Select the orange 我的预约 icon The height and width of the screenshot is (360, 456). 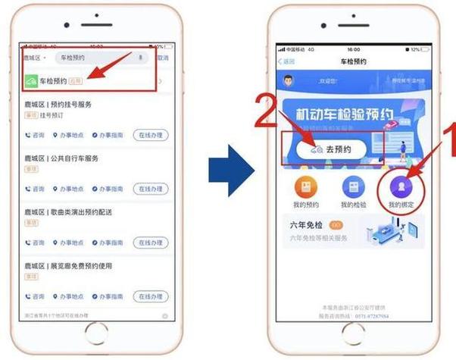tap(306, 186)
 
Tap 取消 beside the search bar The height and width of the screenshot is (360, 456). tap(162, 58)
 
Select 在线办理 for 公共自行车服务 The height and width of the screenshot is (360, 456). tap(151, 189)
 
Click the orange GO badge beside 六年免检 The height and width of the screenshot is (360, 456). tap(336, 225)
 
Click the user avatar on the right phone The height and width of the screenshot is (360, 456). tap(288, 80)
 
